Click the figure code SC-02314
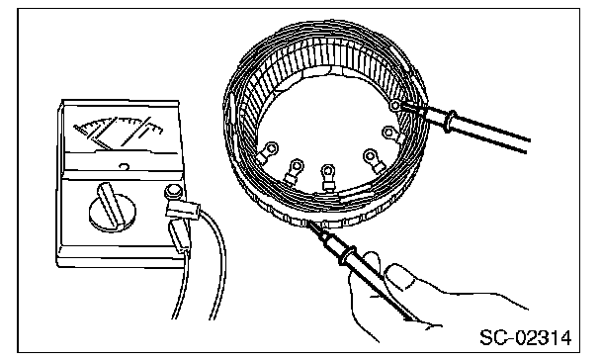[525, 338]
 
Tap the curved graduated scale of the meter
[119, 126]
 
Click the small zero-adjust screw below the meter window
[124, 167]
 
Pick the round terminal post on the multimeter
[172, 191]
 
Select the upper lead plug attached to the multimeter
[183, 210]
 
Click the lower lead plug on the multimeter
[179, 236]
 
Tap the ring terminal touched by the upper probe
[394, 104]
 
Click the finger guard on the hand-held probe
[347, 255]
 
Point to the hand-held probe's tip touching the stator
[309, 224]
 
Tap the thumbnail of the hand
[399, 277]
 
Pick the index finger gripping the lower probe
[366, 268]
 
